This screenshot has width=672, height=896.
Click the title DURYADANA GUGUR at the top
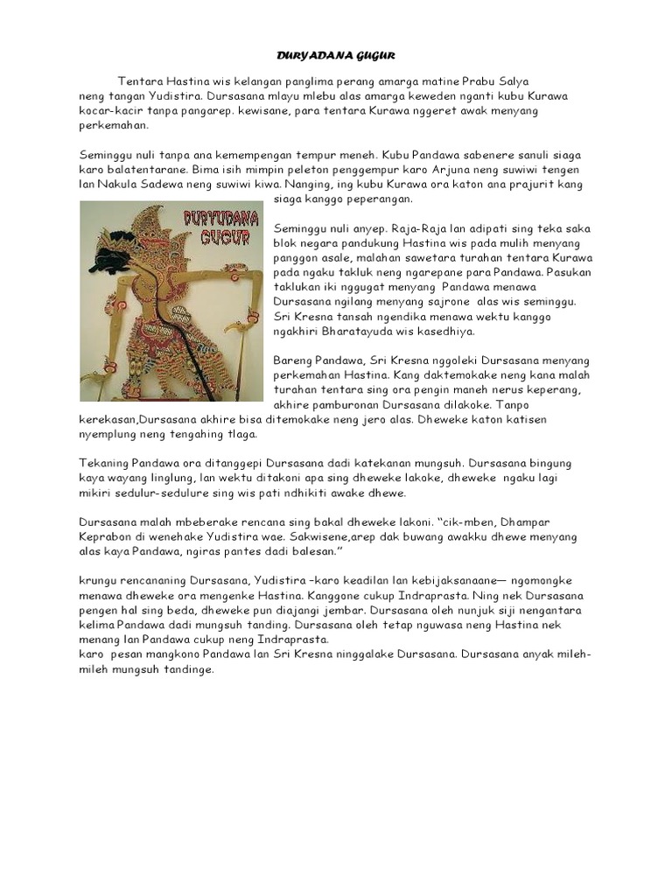click(336, 55)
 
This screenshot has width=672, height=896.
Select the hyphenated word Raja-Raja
click(388, 228)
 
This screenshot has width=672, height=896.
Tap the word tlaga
click(240, 434)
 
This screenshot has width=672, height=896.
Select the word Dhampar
click(528, 521)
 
